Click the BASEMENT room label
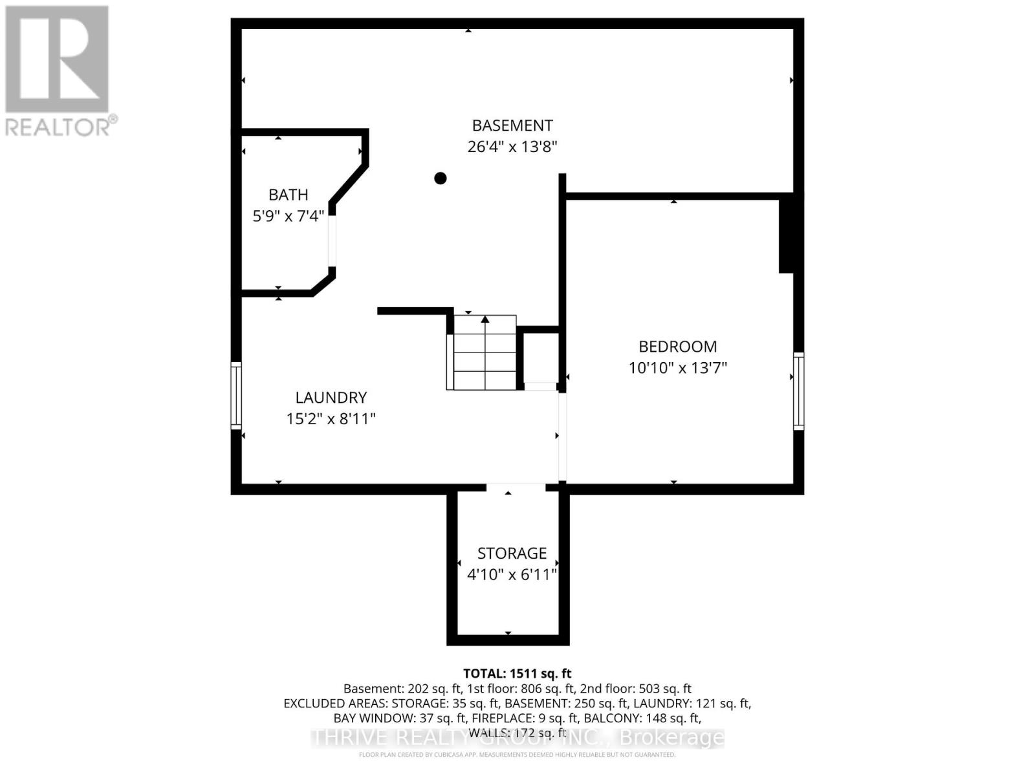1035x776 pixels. (512, 125)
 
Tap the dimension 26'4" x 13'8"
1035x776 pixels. (512, 147)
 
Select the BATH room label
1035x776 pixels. (288, 195)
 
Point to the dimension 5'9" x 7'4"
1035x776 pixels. (288, 216)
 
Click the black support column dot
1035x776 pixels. (441, 178)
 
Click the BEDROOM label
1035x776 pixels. (677, 347)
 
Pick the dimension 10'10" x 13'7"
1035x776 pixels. (677, 368)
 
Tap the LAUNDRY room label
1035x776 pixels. (331, 398)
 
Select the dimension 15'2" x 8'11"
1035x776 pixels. (331, 419)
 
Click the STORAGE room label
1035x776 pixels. (512, 554)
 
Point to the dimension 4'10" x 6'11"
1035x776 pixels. (512, 575)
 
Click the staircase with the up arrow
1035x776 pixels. (484, 352)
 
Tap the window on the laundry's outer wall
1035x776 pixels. (236, 396)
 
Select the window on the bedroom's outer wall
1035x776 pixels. (799, 391)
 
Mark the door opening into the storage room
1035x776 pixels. (516, 488)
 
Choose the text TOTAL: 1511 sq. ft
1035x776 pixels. (517, 673)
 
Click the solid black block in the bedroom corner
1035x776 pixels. (787, 234)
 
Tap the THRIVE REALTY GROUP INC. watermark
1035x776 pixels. (517, 738)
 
